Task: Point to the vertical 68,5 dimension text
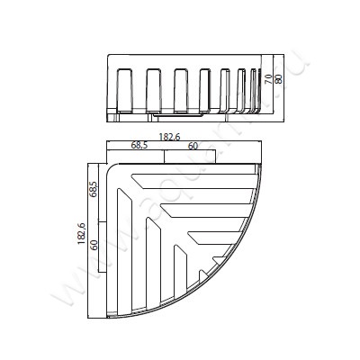tap(93, 193)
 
